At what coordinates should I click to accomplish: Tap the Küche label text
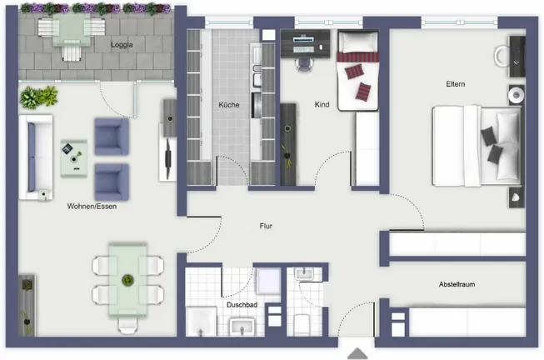[229, 105]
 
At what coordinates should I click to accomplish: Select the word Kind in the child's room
[322, 105]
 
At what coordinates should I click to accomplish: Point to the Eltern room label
[454, 84]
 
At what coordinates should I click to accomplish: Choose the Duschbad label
[241, 305]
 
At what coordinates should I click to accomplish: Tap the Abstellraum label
[457, 284]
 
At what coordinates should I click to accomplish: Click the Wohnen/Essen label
[92, 207]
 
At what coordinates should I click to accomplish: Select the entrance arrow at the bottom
[357, 353]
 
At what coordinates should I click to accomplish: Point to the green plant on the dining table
[127, 279]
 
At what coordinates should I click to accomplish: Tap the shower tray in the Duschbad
[268, 282]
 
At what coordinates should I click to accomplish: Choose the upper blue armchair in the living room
[112, 137]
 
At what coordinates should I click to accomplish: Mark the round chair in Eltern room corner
[503, 56]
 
